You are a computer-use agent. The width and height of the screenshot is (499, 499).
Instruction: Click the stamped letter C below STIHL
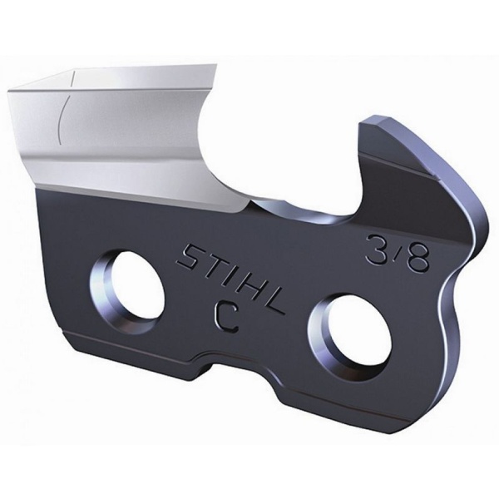226,317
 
